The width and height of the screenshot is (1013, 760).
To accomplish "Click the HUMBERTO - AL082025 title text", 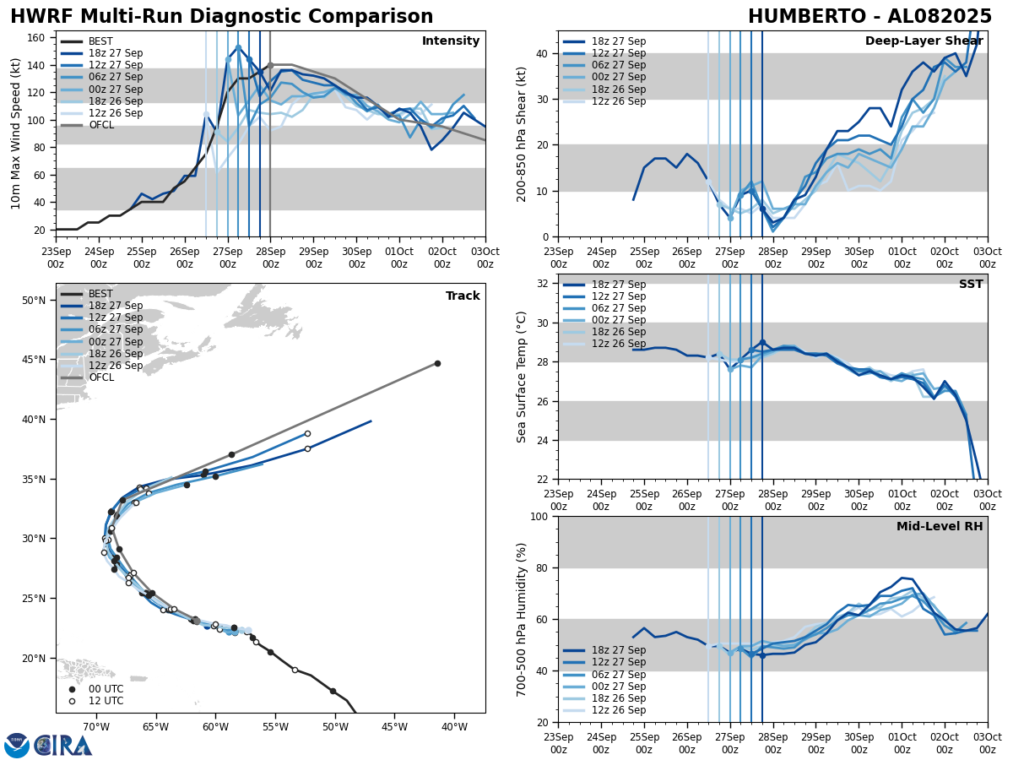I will click(869, 17).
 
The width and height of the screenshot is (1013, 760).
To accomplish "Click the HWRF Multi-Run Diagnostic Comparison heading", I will click(221, 17).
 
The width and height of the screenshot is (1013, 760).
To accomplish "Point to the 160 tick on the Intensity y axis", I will click(39, 38).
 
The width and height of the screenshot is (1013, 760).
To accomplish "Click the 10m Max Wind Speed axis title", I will click(16, 133).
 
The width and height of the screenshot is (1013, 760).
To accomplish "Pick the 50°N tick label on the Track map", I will click(34, 300).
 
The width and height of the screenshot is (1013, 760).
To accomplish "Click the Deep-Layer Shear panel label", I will click(924, 41).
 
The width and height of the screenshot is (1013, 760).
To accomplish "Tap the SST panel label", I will click(971, 285).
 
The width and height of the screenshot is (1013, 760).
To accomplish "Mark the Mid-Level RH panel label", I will click(940, 527).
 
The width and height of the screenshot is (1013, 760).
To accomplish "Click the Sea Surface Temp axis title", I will click(522, 377).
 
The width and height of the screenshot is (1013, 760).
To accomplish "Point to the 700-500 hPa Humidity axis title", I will click(522, 619).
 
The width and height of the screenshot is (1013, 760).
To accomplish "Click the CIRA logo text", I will click(63, 746).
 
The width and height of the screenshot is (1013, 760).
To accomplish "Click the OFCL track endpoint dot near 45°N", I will click(437, 363).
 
